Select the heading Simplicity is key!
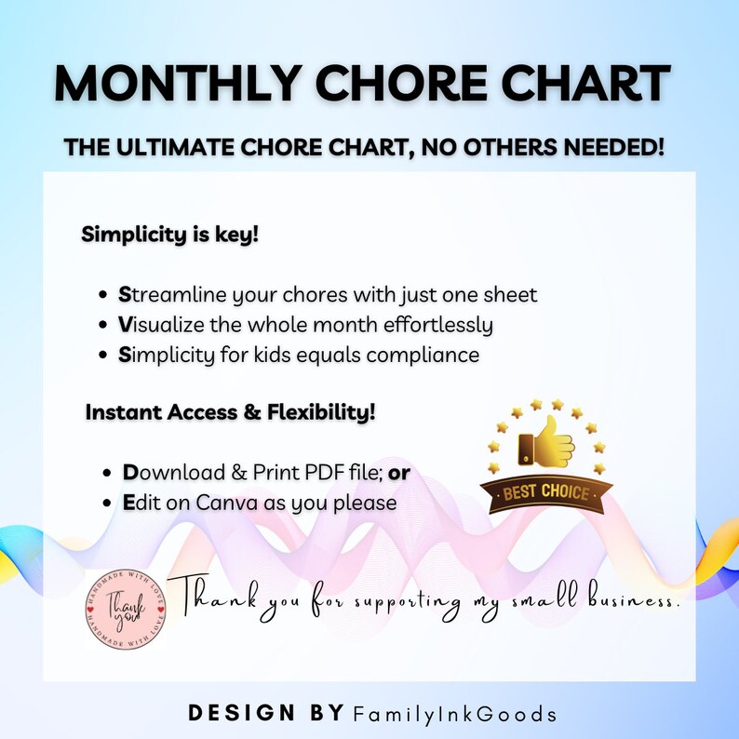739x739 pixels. pyautogui.click(x=169, y=234)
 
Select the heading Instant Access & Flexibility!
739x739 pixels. pyautogui.click(x=231, y=411)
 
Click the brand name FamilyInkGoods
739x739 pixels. pyautogui.click(x=456, y=715)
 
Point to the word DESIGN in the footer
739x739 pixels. pyautogui.click(x=237, y=714)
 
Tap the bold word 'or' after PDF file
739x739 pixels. pyautogui.click(x=399, y=473)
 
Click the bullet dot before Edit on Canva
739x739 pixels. pyautogui.click(x=108, y=504)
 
